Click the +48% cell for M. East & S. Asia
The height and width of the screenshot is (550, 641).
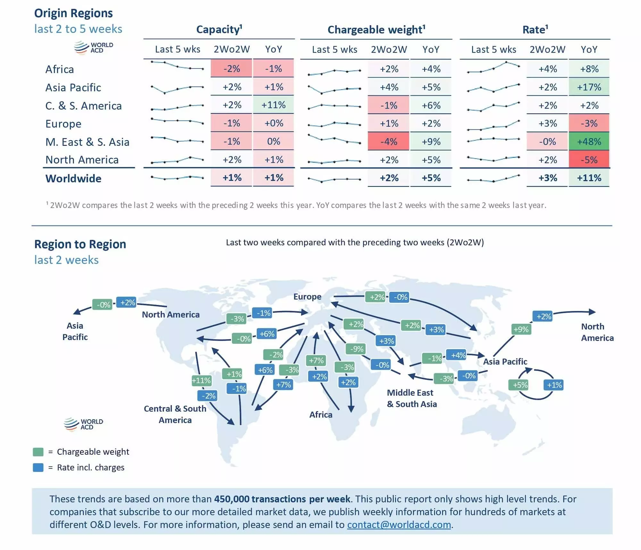(x=589, y=142)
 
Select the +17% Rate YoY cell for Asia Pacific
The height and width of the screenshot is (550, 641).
(x=589, y=87)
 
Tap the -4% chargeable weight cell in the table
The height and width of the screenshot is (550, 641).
(x=388, y=142)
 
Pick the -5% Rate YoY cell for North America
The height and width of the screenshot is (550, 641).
(x=589, y=160)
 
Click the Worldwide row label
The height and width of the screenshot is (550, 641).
(x=73, y=178)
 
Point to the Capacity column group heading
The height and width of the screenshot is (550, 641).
(x=219, y=30)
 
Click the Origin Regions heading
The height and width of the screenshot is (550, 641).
(x=73, y=13)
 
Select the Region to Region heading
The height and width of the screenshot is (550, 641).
(x=80, y=244)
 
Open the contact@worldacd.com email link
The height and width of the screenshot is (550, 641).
(x=399, y=524)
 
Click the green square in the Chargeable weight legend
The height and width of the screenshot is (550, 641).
(x=38, y=452)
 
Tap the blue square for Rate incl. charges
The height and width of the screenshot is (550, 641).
(x=38, y=468)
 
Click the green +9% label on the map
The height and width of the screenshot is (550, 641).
(x=521, y=329)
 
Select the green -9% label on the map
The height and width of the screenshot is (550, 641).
(x=356, y=349)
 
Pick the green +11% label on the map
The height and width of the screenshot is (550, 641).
(x=201, y=381)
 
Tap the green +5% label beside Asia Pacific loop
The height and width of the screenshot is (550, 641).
(x=520, y=385)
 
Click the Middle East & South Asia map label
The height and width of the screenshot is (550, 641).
(x=412, y=398)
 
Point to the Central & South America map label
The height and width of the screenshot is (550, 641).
(x=175, y=414)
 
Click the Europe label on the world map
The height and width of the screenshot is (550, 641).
(x=307, y=297)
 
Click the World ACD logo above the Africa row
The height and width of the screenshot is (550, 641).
(x=93, y=47)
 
